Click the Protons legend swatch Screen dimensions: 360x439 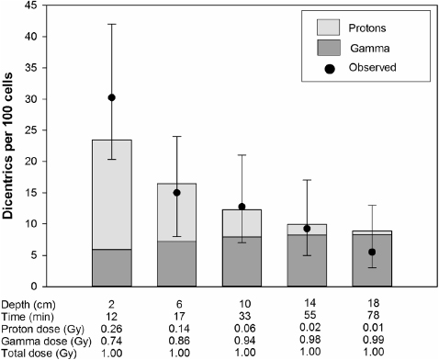(324, 27)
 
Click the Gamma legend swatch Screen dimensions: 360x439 (324, 47)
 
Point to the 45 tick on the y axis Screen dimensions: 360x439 (46, 6)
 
